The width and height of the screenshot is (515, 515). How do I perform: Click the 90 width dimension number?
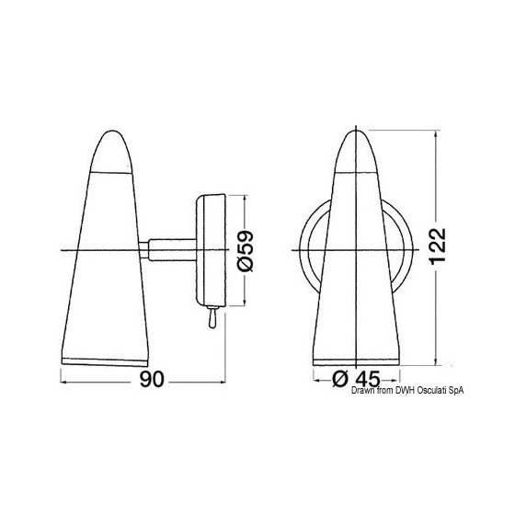pyautogui.click(x=152, y=380)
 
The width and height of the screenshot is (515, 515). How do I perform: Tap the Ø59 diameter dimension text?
pyautogui.click(x=246, y=251)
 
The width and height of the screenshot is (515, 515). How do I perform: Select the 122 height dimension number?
pyautogui.click(x=438, y=246)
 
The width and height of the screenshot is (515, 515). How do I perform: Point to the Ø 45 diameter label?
pyautogui.click(x=356, y=379)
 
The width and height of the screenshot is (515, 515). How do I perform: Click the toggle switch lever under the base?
pyautogui.click(x=212, y=317)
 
